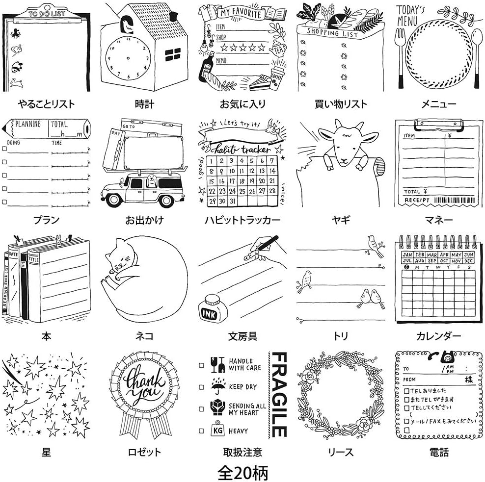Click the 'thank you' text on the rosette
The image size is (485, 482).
point(144,387)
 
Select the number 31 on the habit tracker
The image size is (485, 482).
point(233,202)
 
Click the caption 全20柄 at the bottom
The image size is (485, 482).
point(242,472)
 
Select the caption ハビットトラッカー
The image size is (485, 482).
point(242,220)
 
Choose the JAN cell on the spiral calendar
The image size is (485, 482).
point(407,254)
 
